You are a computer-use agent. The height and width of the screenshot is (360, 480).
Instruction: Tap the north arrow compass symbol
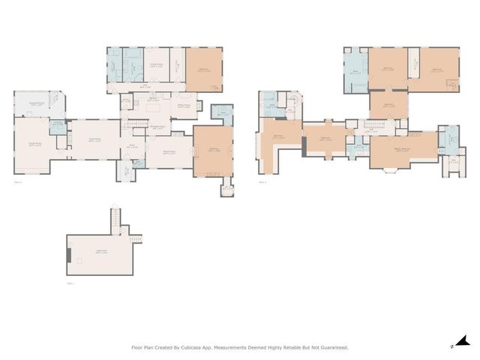(463, 342)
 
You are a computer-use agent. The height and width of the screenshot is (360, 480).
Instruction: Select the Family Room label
(34, 143)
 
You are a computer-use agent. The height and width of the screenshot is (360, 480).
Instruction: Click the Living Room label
(93, 139)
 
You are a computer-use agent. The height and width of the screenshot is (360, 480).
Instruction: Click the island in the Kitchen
(154, 106)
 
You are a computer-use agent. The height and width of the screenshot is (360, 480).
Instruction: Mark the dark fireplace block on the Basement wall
(70, 256)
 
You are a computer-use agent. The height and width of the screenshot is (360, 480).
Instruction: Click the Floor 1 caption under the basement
(71, 283)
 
